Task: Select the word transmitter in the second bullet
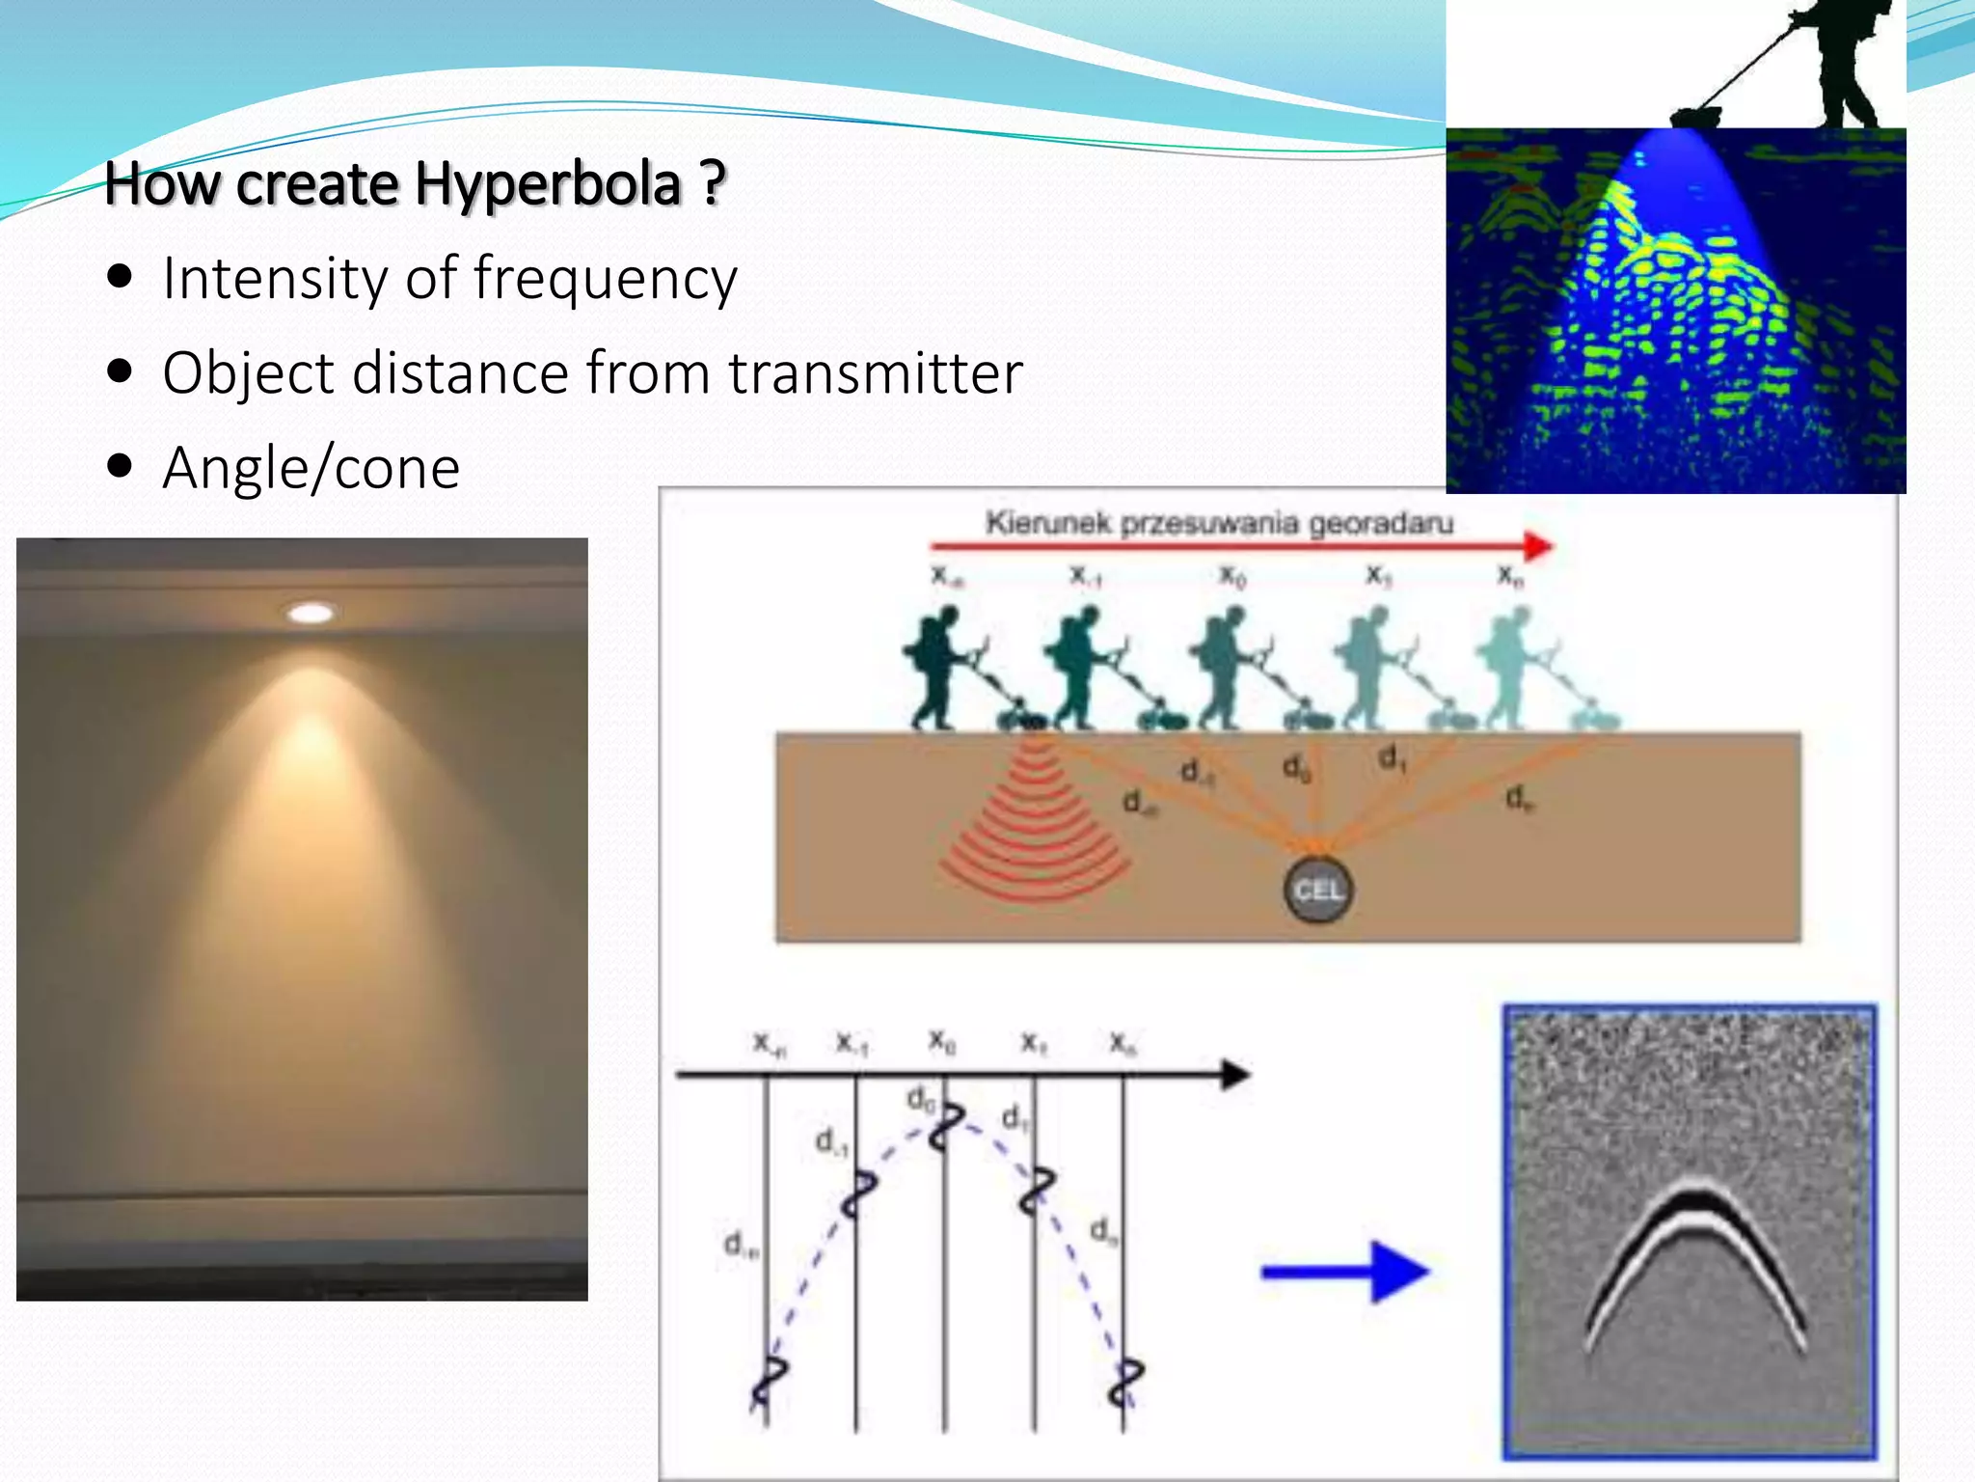875,373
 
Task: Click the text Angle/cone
311,469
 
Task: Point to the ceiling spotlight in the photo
311,613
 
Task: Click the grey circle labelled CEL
1317,890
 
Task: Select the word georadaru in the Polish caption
1380,524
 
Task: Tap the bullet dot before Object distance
121,372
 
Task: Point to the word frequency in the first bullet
605,281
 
